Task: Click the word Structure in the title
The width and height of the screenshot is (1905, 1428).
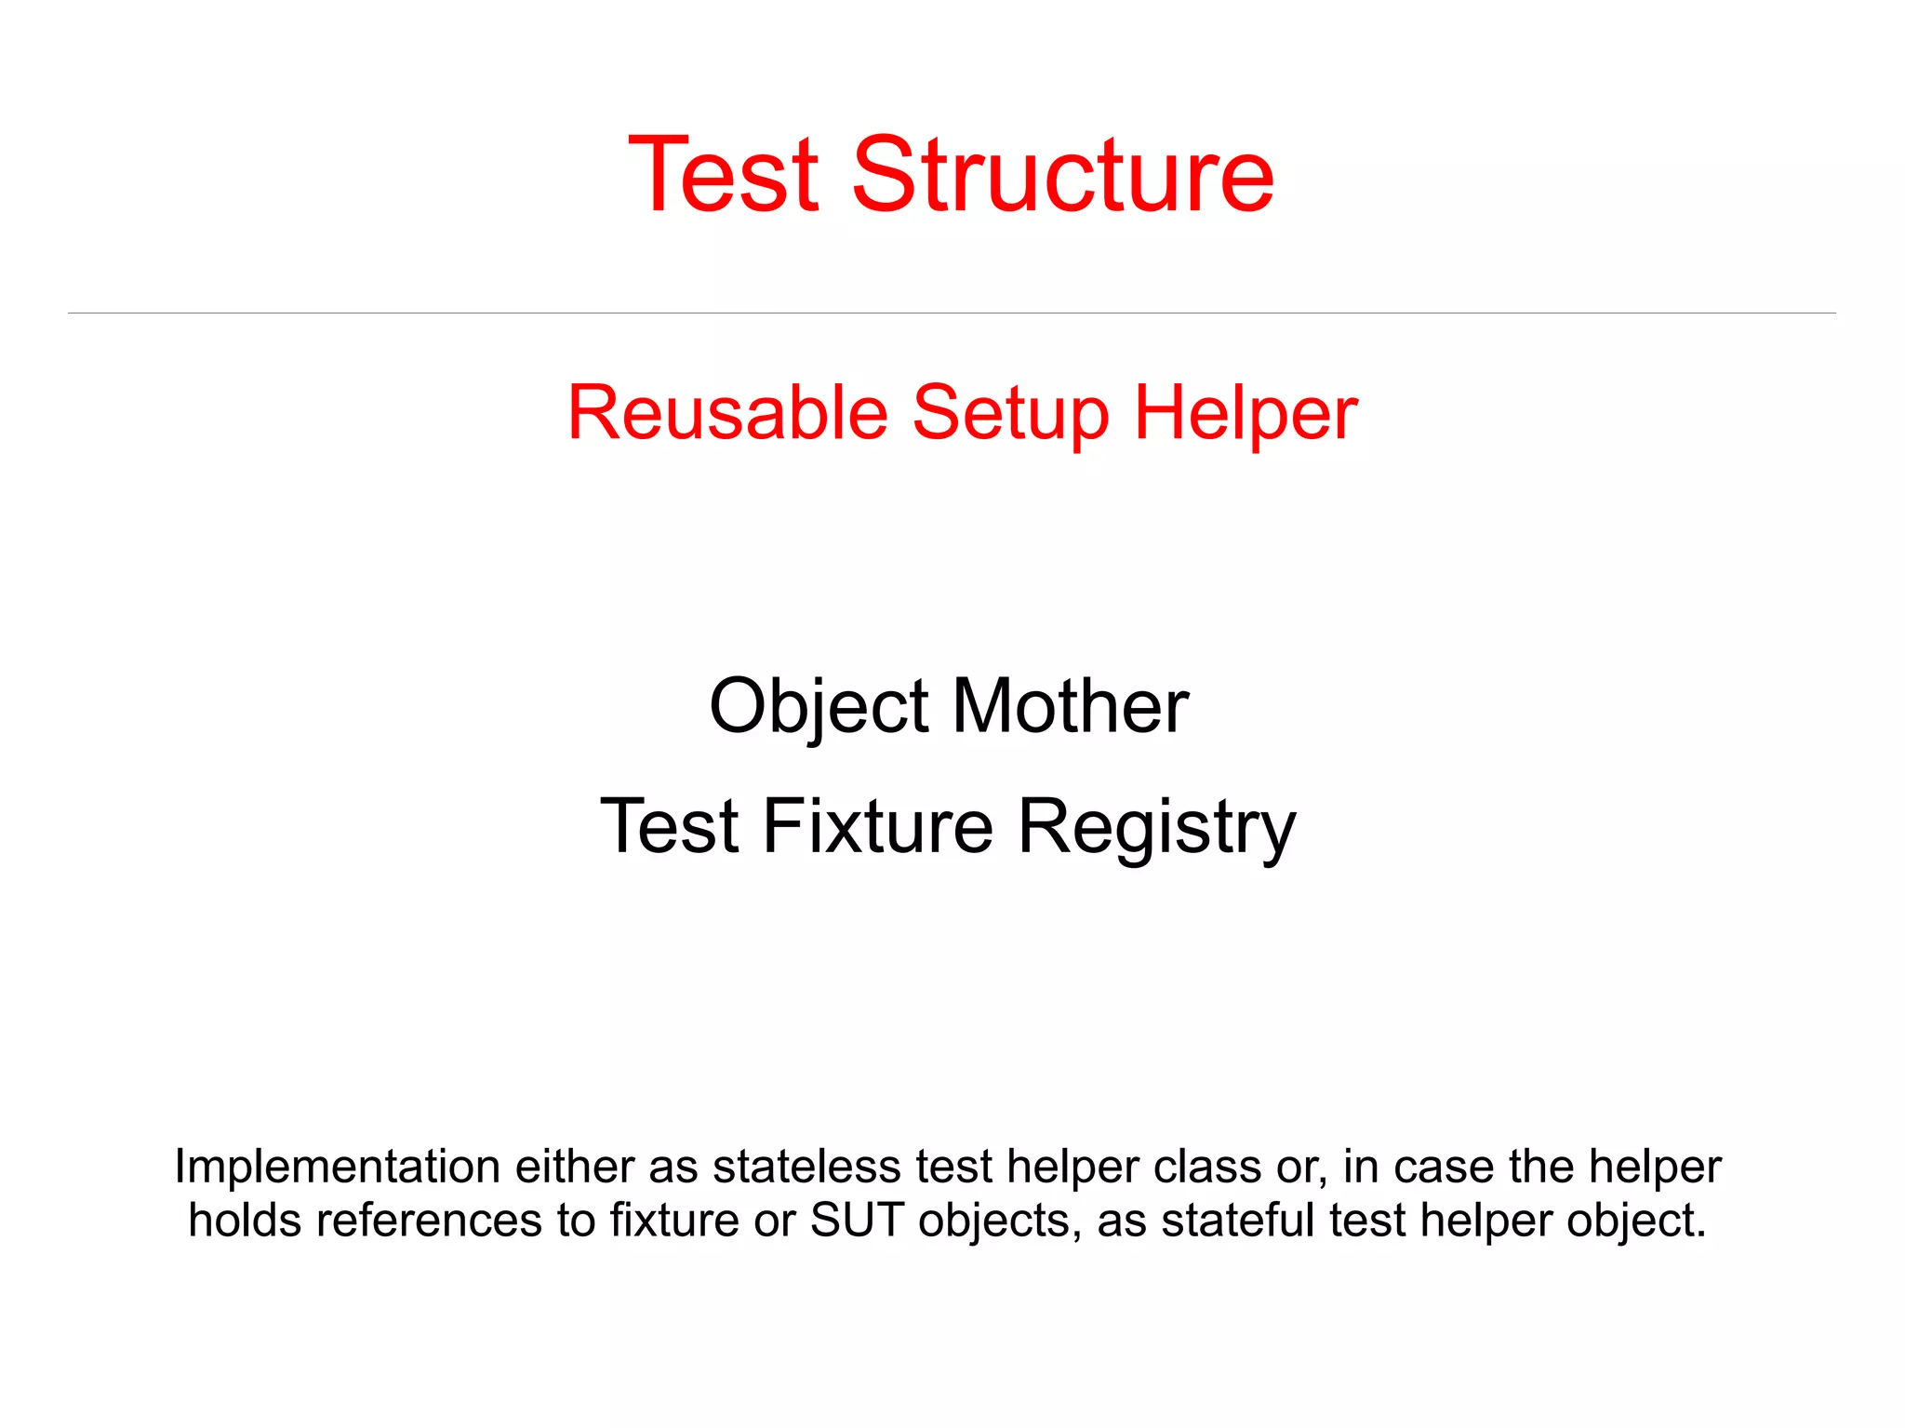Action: point(1062,174)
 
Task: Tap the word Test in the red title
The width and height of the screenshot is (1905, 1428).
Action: point(724,174)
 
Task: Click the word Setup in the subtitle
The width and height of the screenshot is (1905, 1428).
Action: point(1010,414)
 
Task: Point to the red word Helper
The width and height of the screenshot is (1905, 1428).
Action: point(1246,414)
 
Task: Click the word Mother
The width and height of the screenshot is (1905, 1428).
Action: point(1070,706)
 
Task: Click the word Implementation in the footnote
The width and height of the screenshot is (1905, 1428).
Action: point(338,1167)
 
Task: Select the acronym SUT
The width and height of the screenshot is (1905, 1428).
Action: point(857,1221)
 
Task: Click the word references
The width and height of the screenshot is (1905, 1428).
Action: point(429,1221)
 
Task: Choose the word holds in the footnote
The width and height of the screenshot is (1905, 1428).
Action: point(245,1221)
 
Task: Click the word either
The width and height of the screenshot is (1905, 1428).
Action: point(574,1167)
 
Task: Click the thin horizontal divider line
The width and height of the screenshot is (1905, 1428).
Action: point(952,313)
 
